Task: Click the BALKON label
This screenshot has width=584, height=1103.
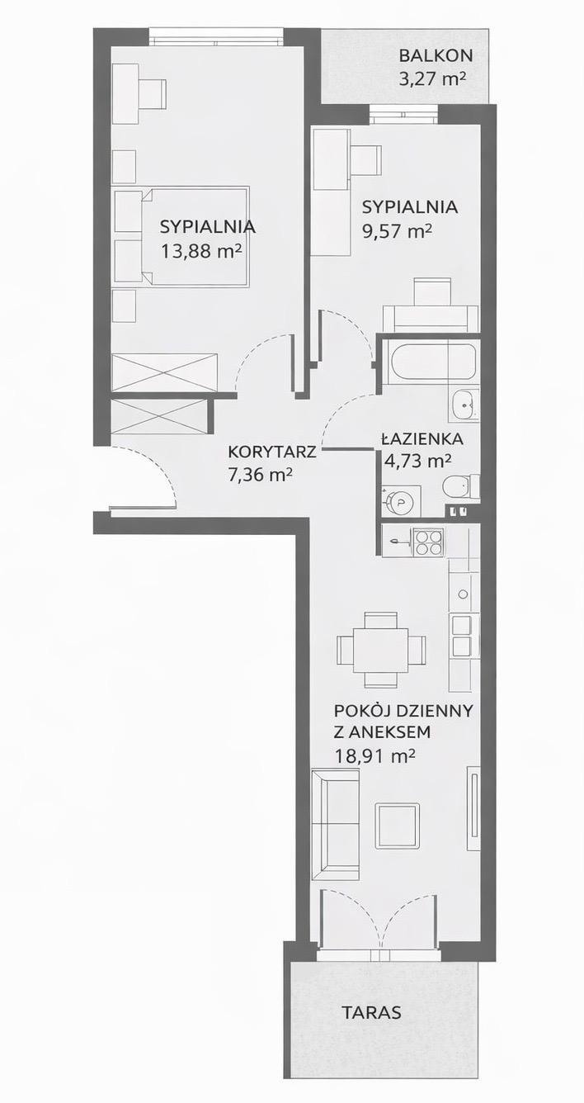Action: [x=436, y=55]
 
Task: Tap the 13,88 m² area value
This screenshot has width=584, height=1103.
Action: [x=202, y=251]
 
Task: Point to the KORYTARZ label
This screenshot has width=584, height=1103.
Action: [x=272, y=452]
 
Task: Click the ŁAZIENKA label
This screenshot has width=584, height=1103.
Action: [x=422, y=438]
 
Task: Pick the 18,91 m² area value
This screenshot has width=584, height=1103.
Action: [x=374, y=755]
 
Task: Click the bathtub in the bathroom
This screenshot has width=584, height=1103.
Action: [x=430, y=363]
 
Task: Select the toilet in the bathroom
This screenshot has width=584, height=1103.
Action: [x=460, y=487]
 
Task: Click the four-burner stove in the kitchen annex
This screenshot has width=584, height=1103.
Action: [x=430, y=542]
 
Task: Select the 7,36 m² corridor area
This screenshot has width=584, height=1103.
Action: [x=261, y=475]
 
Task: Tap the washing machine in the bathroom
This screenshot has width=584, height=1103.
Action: [x=402, y=501]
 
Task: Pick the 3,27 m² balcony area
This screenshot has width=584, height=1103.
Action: [x=432, y=78]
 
